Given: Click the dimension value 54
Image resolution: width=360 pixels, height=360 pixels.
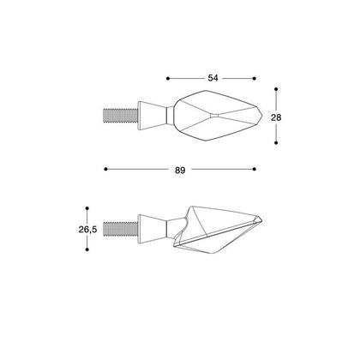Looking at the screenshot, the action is click(213, 78).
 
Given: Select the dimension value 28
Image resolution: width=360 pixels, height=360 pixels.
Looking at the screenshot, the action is click(276, 117).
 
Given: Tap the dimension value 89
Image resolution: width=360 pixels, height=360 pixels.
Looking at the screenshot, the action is click(180, 171).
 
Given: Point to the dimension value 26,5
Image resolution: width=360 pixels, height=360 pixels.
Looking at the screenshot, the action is click(87, 229).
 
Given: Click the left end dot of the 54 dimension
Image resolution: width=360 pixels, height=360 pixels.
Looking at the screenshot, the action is click(168, 78).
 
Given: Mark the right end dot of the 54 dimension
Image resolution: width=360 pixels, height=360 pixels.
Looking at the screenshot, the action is click(255, 78).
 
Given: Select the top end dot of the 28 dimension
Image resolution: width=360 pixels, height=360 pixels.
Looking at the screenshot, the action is click(276, 89).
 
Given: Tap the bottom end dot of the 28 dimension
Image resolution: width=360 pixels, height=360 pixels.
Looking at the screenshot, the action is click(276, 142).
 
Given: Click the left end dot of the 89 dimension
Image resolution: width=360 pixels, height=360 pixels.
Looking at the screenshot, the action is click(105, 169).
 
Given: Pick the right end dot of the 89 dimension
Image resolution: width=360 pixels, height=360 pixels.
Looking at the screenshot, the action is click(255, 169).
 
